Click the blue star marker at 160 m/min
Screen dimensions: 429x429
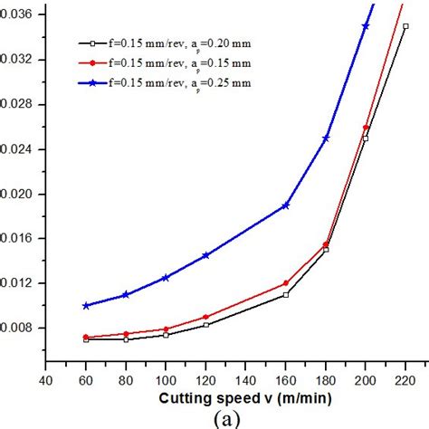click(x=286, y=205)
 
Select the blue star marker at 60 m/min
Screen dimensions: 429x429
click(x=86, y=306)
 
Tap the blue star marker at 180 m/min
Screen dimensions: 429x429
click(x=326, y=138)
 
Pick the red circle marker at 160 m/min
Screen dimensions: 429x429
click(x=286, y=283)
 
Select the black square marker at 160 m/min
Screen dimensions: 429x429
click(x=286, y=294)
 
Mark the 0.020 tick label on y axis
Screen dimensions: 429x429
click(x=17, y=194)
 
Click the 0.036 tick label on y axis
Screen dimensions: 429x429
click(x=17, y=14)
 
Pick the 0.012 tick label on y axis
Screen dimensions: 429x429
click(x=17, y=283)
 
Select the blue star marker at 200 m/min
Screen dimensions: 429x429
click(x=366, y=25)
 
